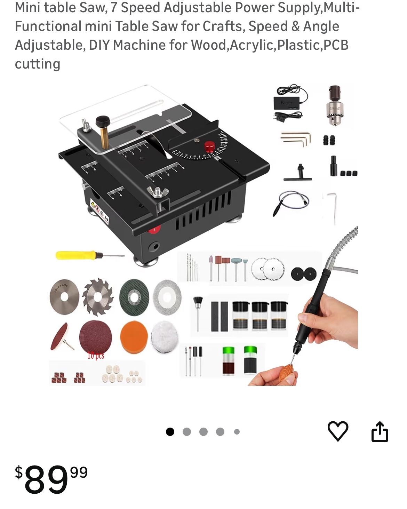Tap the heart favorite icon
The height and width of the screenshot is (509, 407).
337,431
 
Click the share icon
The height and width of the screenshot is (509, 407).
380,432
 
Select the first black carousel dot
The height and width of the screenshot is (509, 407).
170,432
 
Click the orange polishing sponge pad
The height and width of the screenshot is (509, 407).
134,336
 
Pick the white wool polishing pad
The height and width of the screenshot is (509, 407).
165,336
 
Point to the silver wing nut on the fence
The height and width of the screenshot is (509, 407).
157,192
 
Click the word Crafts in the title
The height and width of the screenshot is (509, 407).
222,26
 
